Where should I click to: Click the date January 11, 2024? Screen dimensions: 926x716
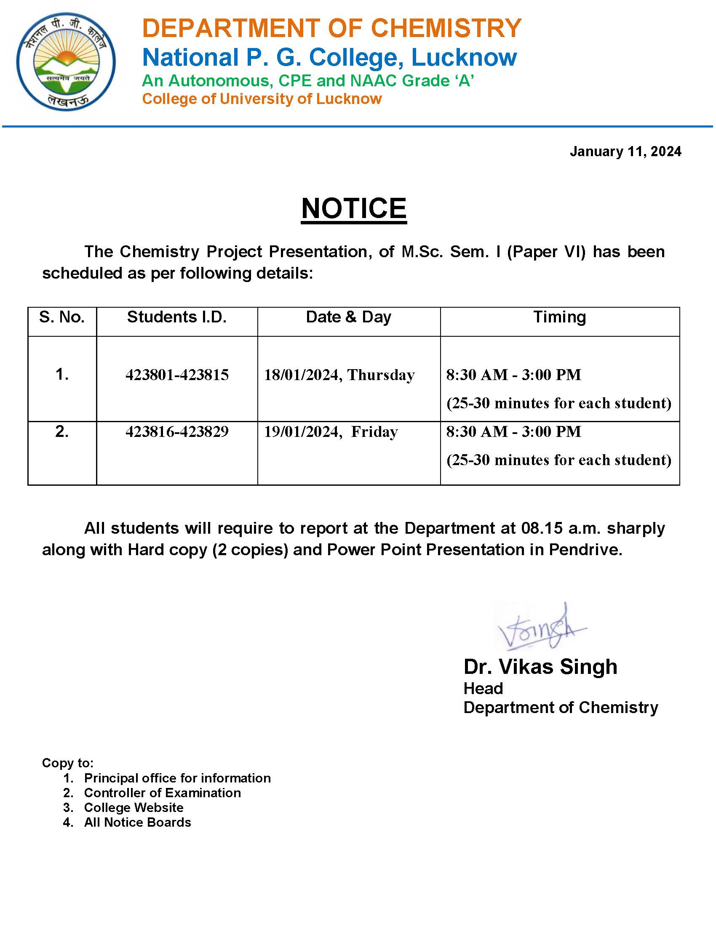tap(625, 152)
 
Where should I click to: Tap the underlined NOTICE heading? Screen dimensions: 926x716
tap(354, 209)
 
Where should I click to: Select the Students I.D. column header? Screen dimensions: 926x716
tap(177, 317)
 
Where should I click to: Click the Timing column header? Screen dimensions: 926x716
tap(559, 317)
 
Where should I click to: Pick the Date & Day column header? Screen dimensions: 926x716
tap(348, 317)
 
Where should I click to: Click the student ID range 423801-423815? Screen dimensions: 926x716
tap(177, 375)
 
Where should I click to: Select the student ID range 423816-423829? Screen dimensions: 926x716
tap(177, 431)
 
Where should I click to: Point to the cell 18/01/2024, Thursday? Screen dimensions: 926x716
tap(339, 375)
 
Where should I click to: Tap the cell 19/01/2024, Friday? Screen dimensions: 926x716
tap(331, 431)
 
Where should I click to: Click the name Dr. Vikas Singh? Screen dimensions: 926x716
tap(540, 667)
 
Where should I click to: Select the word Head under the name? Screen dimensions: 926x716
tap(483, 688)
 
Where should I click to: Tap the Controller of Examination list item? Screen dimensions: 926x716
tap(162, 793)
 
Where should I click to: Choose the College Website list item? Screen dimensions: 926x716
tap(134, 807)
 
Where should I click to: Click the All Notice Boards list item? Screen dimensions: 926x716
tap(137, 822)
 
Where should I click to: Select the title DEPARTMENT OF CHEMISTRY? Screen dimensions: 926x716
tap(331, 28)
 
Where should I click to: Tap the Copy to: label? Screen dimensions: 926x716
tap(67, 763)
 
